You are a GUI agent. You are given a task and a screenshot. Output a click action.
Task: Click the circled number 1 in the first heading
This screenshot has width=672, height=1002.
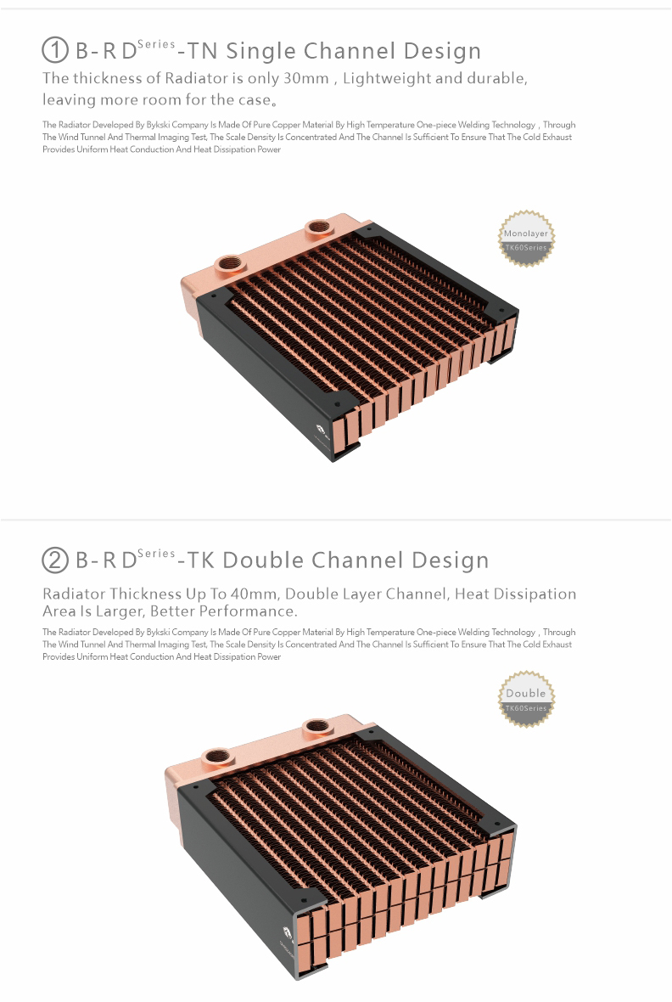(x=55, y=50)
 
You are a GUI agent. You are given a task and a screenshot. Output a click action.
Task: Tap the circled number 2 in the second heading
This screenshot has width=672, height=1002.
(x=55, y=560)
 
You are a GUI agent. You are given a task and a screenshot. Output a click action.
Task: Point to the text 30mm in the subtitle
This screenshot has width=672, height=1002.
(x=306, y=78)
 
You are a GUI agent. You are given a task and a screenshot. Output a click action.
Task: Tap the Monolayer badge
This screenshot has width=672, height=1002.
(x=526, y=239)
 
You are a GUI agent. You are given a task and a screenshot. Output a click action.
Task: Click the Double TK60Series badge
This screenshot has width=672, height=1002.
(x=526, y=699)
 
